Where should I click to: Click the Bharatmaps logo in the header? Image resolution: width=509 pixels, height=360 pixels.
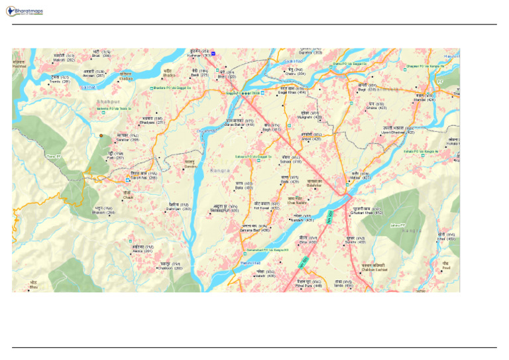tap(24, 11)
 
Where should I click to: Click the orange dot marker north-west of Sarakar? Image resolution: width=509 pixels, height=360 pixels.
tap(101, 135)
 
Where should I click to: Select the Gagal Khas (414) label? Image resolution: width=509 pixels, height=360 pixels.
tap(292, 92)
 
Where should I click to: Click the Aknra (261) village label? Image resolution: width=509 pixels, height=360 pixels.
tap(142, 251)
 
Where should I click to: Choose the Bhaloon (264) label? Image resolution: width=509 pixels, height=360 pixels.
tap(103, 212)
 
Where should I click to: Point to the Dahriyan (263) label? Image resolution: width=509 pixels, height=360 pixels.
tap(178, 209)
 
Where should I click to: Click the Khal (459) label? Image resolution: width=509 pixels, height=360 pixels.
tap(447, 239)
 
